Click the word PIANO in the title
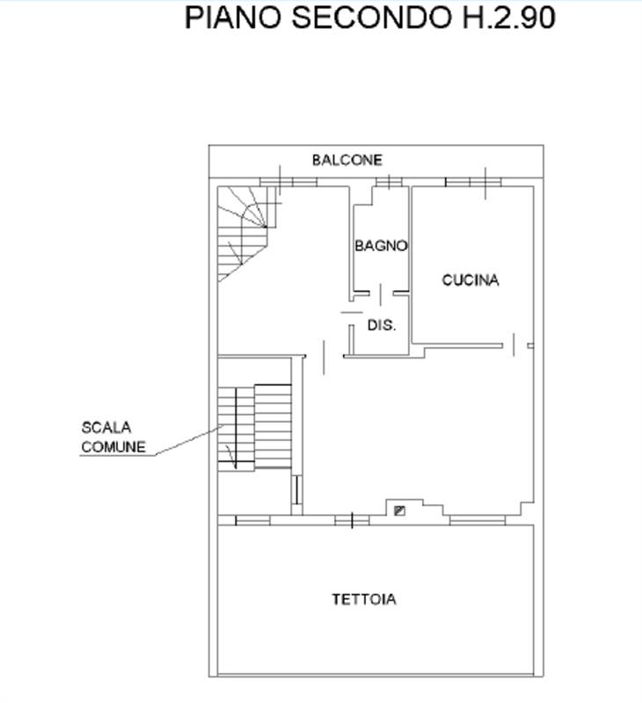pyautogui.click(x=234, y=18)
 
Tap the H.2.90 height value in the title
pyautogui.click(x=508, y=18)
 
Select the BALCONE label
pyautogui.click(x=347, y=160)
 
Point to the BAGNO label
pyautogui.click(x=381, y=246)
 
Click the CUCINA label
pyautogui.click(x=471, y=280)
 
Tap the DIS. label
pyautogui.click(x=382, y=325)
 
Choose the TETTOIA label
pyautogui.click(x=364, y=599)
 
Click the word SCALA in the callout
pyautogui.click(x=106, y=427)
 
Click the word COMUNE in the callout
pyautogui.click(x=113, y=447)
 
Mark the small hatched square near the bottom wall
pyautogui.click(x=399, y=511)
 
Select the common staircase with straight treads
pyautogui.click(x=255, y=427)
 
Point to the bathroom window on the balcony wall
pyautogui.click(x=389, y=182)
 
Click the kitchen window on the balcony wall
pyautogui.click(x=473, y=182)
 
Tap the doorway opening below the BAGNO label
pyautogui.click(x=381, y=294)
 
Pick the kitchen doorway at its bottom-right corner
pyautogui.click(x=514, y=345)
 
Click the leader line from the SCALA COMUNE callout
pyautogui.click(x=189, y=440)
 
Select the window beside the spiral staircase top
pyautogui.click(x=288, y=182)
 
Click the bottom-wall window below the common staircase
pyautogui.click(x=252, y=520)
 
